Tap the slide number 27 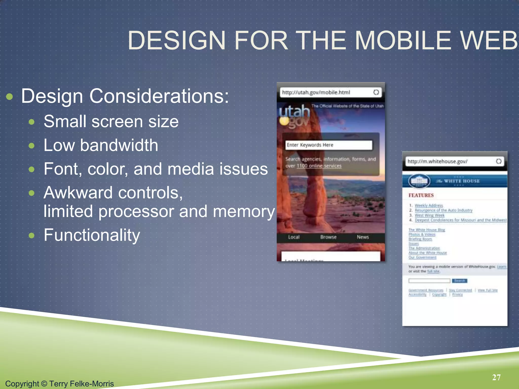[x=496, y=377]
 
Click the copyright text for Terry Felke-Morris [x=60, y=383]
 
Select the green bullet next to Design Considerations [x=9, y=97]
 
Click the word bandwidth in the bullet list [x=119, y=145]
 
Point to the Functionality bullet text [x=92, y=235]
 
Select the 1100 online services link [x=319, y=166]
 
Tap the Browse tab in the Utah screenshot [x=328, y=237]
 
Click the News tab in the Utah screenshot [x=363, y=237]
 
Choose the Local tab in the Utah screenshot [x=294, y=237]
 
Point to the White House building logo [x=419, y=181]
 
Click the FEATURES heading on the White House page [x=421, y=195]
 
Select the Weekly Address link [x=429, y=205]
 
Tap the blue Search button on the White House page [x=459, y=281]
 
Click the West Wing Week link [x=430, y=215]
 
